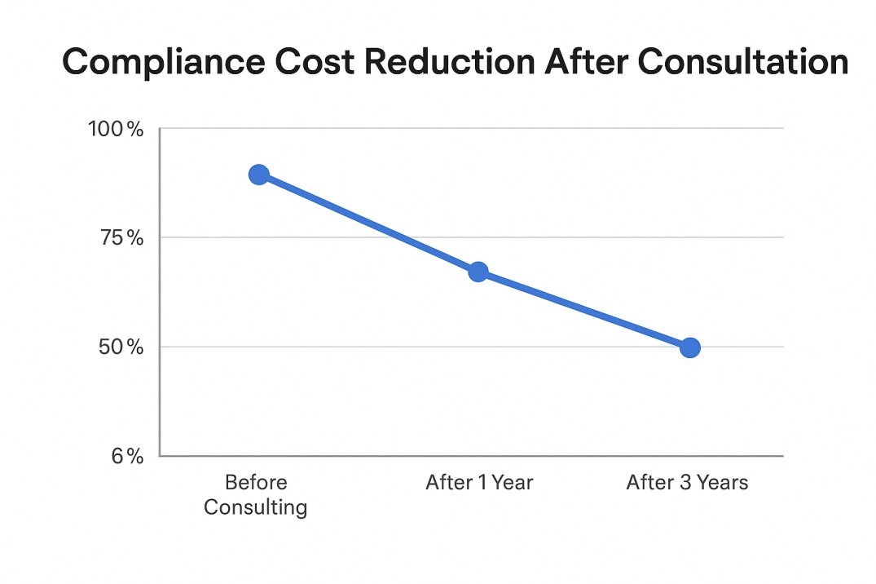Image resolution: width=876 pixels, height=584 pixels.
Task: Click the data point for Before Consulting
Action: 258,175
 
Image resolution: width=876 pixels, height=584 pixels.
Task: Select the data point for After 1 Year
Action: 478,272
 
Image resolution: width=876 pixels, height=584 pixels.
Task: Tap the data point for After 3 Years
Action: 689,348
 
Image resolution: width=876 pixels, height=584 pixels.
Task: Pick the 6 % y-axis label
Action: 127,456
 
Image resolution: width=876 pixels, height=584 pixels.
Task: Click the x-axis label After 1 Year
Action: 479,482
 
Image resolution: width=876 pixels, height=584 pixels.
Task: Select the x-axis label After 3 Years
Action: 687,482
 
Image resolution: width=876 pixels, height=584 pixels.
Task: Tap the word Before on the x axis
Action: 256,482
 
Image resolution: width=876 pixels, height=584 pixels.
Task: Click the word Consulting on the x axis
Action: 256,507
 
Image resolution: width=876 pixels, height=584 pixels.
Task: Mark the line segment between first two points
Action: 368,223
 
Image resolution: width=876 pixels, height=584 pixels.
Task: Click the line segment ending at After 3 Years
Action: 583,310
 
